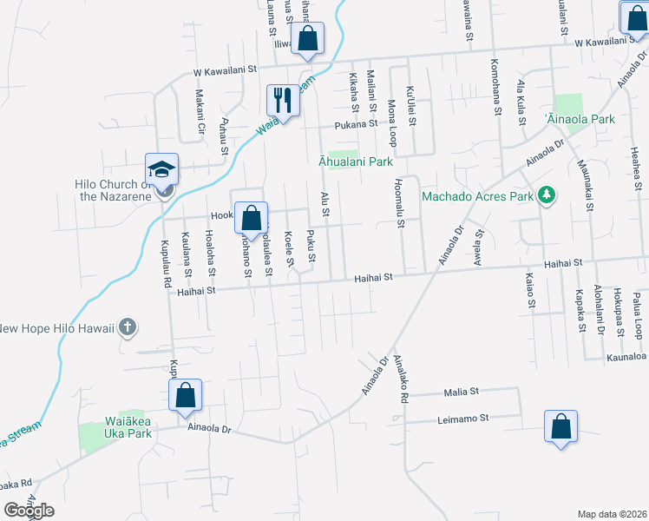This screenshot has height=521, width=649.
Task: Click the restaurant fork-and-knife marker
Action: (x=283, y=100)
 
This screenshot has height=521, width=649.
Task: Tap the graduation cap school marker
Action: (x=161, y=169)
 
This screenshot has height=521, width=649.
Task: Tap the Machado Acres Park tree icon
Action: (x=546, y=195)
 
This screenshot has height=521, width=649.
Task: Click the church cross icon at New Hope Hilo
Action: (x=127, y=327)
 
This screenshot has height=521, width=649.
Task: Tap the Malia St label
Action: (x=462, y=392)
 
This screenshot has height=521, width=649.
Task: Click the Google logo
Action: (x=28, y=511)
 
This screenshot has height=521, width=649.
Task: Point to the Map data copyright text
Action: (x=612, y=514)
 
